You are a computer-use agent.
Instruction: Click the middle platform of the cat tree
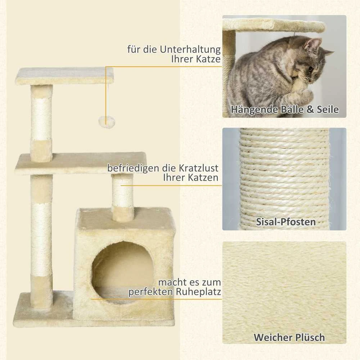(81, 163)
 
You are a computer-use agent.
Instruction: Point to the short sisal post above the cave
(122, 197)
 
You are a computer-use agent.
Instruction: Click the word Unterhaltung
(190, 49)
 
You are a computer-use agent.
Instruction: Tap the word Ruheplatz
(198, 292)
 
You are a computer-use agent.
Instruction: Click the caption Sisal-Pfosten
(285, 222)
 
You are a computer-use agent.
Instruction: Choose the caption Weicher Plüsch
(289, 337)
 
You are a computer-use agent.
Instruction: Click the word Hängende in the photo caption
(254, 109)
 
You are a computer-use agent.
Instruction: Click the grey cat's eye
(310, 69)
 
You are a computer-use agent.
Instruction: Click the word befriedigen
(134, 168)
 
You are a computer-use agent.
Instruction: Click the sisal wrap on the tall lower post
(41, 239)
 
